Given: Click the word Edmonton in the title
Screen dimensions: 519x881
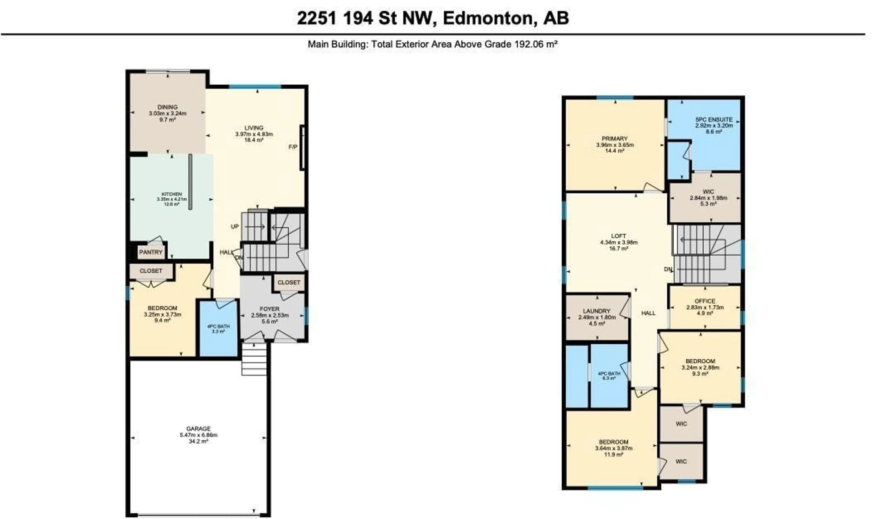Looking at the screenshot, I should pyautogui.click(x=488, y=18).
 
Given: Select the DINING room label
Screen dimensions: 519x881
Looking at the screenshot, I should pyautogui.click(x=167, y=107).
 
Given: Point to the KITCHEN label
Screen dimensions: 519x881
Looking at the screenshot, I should pyautogui.click(x=172, y=194).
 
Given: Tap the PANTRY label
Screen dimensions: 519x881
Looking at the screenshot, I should pyautogui.click(x=151, y=252).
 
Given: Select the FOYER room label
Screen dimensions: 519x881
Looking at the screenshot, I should pyautogui.click(x=270, y=309).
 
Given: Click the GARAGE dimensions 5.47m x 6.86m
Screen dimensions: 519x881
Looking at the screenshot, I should pyautogui.click(x=198, y=435).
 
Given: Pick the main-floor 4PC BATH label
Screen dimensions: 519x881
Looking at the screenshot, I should pyautogui.click(x=218, y=326).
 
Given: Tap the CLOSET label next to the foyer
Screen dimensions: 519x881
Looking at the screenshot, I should pyautogui.click(x=289, y=282).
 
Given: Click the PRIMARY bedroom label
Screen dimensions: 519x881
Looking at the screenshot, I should pyautogui.click(x=615, y=138).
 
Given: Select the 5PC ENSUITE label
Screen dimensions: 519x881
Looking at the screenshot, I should pyautogui.click(x=714, y=120).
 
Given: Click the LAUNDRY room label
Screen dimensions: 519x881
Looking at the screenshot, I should pyautogui.click(x=597, y=311).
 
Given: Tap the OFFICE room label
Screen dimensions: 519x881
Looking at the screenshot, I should pyautogui.click(x=705, y=301).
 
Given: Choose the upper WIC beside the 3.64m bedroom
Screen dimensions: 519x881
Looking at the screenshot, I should pyautogui.click(x=681, y=424).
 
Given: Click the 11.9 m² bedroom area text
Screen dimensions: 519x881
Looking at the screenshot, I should pyautogui.click(x=613, y=455).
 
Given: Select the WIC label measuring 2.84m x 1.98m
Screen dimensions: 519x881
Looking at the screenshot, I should pyautogui.click(x=708, y=192).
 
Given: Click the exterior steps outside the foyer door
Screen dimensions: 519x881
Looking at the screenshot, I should pyautogui.click(x=254, y=359).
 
